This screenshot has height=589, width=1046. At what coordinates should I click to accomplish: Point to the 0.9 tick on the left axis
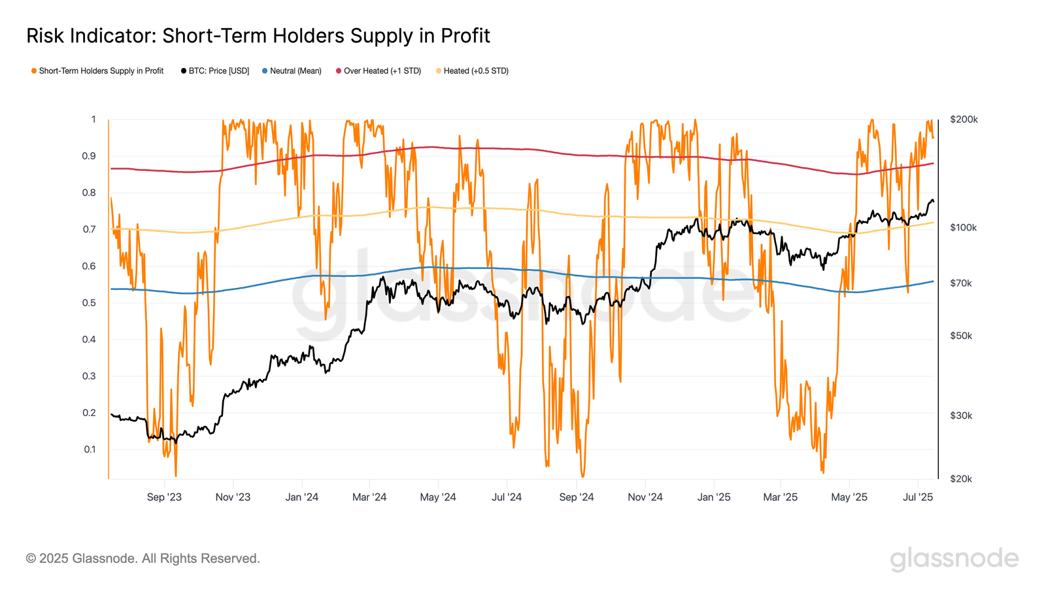point(89,156)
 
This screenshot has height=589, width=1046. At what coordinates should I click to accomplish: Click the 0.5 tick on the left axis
point(89,302)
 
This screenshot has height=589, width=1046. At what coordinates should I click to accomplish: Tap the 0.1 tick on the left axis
point(90,449)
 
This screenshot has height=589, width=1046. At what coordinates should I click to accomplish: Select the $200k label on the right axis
point(964,119)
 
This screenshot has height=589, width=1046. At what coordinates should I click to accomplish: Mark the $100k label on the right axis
point(964,227)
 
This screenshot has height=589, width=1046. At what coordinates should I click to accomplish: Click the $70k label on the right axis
point(961,283)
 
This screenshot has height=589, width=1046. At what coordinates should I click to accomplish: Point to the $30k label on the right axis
point(961,415)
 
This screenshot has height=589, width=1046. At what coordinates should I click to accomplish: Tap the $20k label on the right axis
point(961,478)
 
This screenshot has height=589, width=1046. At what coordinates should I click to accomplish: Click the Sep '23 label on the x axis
point(164,497)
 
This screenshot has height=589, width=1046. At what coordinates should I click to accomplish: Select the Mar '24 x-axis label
point(369,497)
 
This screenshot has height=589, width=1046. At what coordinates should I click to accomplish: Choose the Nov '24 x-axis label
point(645,497)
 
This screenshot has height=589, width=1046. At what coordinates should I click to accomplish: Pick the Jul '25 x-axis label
point(918,497)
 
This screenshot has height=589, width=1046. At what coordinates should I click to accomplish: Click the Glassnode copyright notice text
point(143,558)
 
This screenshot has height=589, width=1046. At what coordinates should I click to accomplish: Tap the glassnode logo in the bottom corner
point(954,558)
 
